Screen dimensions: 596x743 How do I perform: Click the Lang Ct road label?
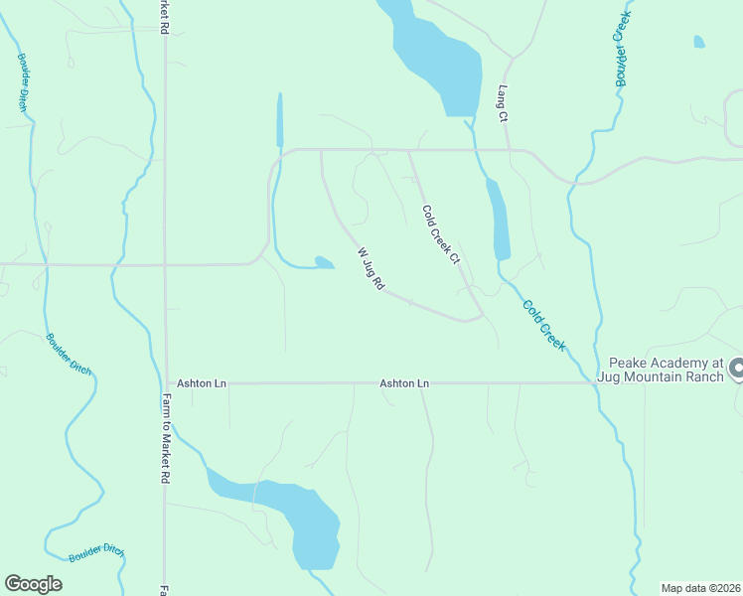[x=504, y=103]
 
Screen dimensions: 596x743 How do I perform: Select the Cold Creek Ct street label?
[x=441, y=235]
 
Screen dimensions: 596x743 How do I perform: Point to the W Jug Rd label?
[x=371, y=268]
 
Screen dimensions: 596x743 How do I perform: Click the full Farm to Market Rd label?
[x=166, y=437]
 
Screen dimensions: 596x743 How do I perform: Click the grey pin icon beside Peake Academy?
[x=736, y=370]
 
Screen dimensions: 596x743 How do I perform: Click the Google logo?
[x=33, y=584]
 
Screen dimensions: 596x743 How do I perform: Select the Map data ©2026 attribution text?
[x=700, y=588]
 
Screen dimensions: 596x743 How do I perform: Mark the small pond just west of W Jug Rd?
[x=323, y=262]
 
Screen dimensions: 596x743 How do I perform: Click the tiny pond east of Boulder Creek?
[x=699, y=42]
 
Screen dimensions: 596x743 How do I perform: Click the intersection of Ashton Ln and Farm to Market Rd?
[x=166, y=382]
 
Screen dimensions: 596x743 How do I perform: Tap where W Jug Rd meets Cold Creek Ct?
[x=482, y=317]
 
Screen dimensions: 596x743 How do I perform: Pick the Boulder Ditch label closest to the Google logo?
[x=96, y=552]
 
